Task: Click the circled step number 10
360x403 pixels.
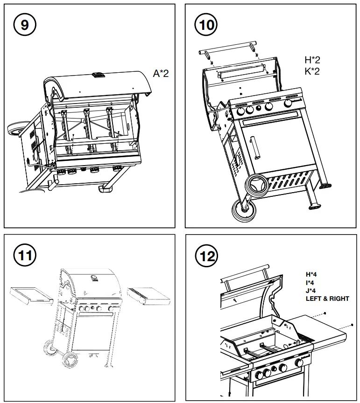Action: pos(206,25)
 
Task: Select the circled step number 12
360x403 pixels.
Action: pos(207,256)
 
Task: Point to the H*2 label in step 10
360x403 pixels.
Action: pos(312,60)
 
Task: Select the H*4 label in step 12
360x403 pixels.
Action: pos(311,275)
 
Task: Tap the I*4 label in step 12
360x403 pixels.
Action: pos(311,283)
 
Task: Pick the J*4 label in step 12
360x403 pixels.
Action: pos(311,291)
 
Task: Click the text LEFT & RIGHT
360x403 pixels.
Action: pos(327,299)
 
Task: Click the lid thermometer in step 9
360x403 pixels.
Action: pos(99,74)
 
